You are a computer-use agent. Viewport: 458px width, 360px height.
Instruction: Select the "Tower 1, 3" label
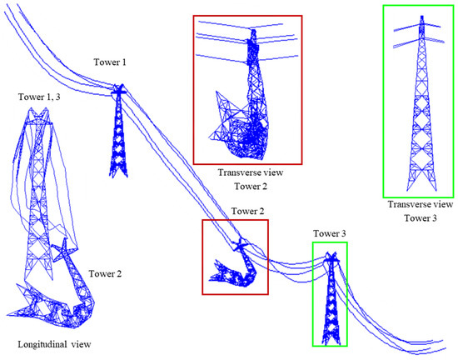click(x=38, y=97)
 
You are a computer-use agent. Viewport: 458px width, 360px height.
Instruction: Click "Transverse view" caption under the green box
click(x=420, y=203)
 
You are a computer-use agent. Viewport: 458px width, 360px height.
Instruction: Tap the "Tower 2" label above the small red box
click(x=247, y=211)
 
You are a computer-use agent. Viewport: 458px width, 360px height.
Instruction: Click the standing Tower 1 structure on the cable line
click(x=118, y=133)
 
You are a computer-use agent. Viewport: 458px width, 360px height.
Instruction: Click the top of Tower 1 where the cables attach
click(x=118, y=88)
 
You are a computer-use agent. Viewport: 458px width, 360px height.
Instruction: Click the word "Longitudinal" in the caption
click(x=38, y=343)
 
